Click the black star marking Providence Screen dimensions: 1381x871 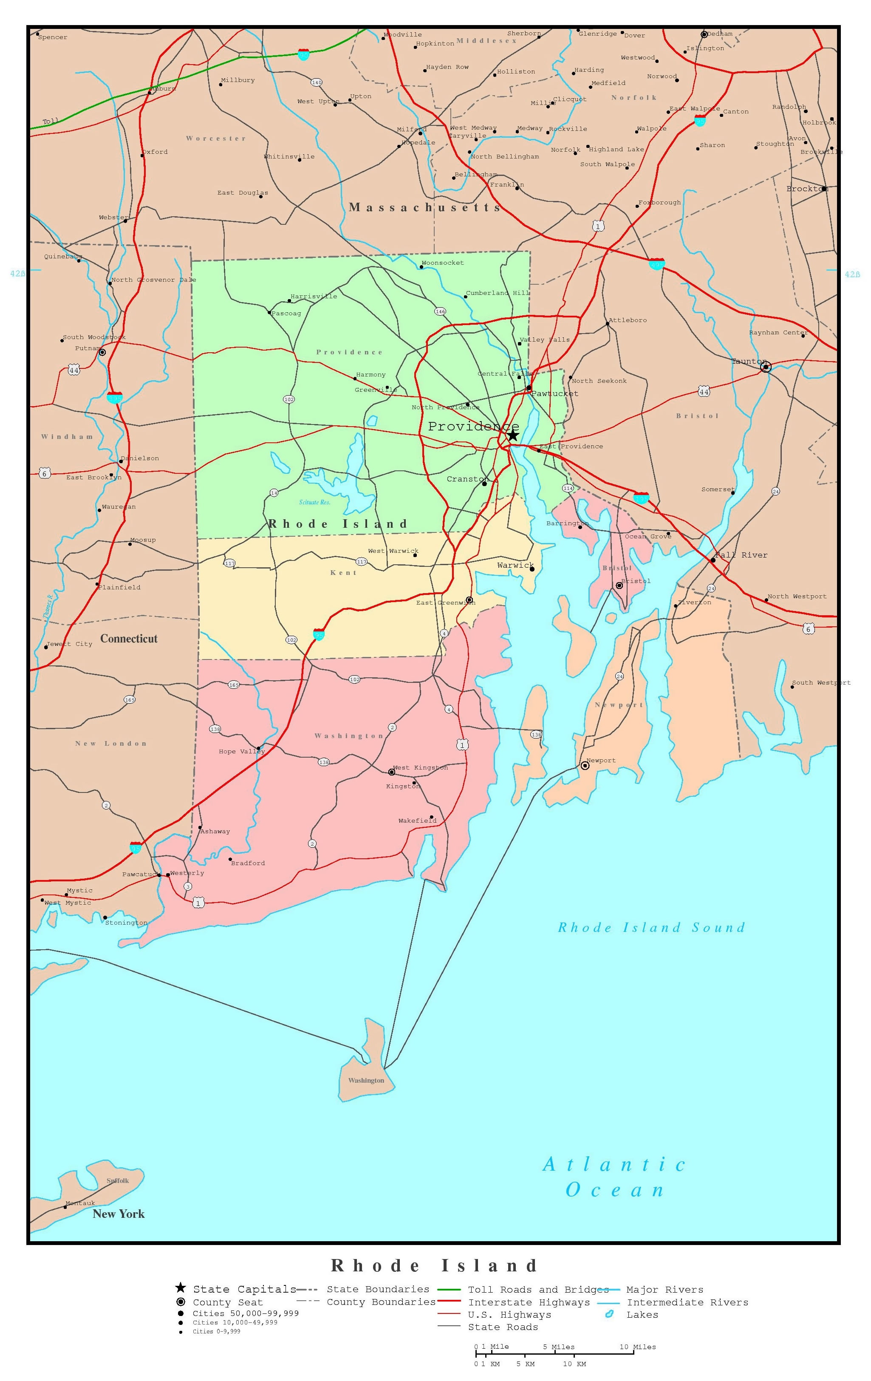(513, 435)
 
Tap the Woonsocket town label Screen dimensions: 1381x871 (442, 263)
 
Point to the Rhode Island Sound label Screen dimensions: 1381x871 (651, 927)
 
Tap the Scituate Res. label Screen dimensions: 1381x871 (315, 502)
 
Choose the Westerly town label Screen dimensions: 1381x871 (187, 873)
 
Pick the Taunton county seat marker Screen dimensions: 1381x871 (766, 367)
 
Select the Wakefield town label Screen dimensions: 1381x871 (417, 821)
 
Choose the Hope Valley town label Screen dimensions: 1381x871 (241, 751)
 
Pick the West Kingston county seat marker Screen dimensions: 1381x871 (392, 772)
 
